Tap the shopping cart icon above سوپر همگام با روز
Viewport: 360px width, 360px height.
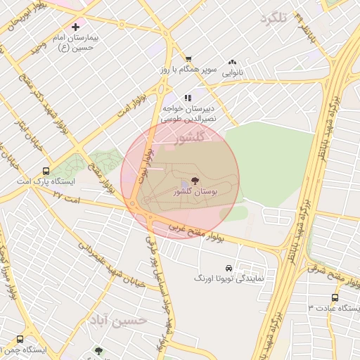coord(188,59)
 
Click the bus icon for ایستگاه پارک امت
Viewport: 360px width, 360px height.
coord(46,170)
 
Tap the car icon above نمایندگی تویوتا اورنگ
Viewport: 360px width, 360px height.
coord(229,268)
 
